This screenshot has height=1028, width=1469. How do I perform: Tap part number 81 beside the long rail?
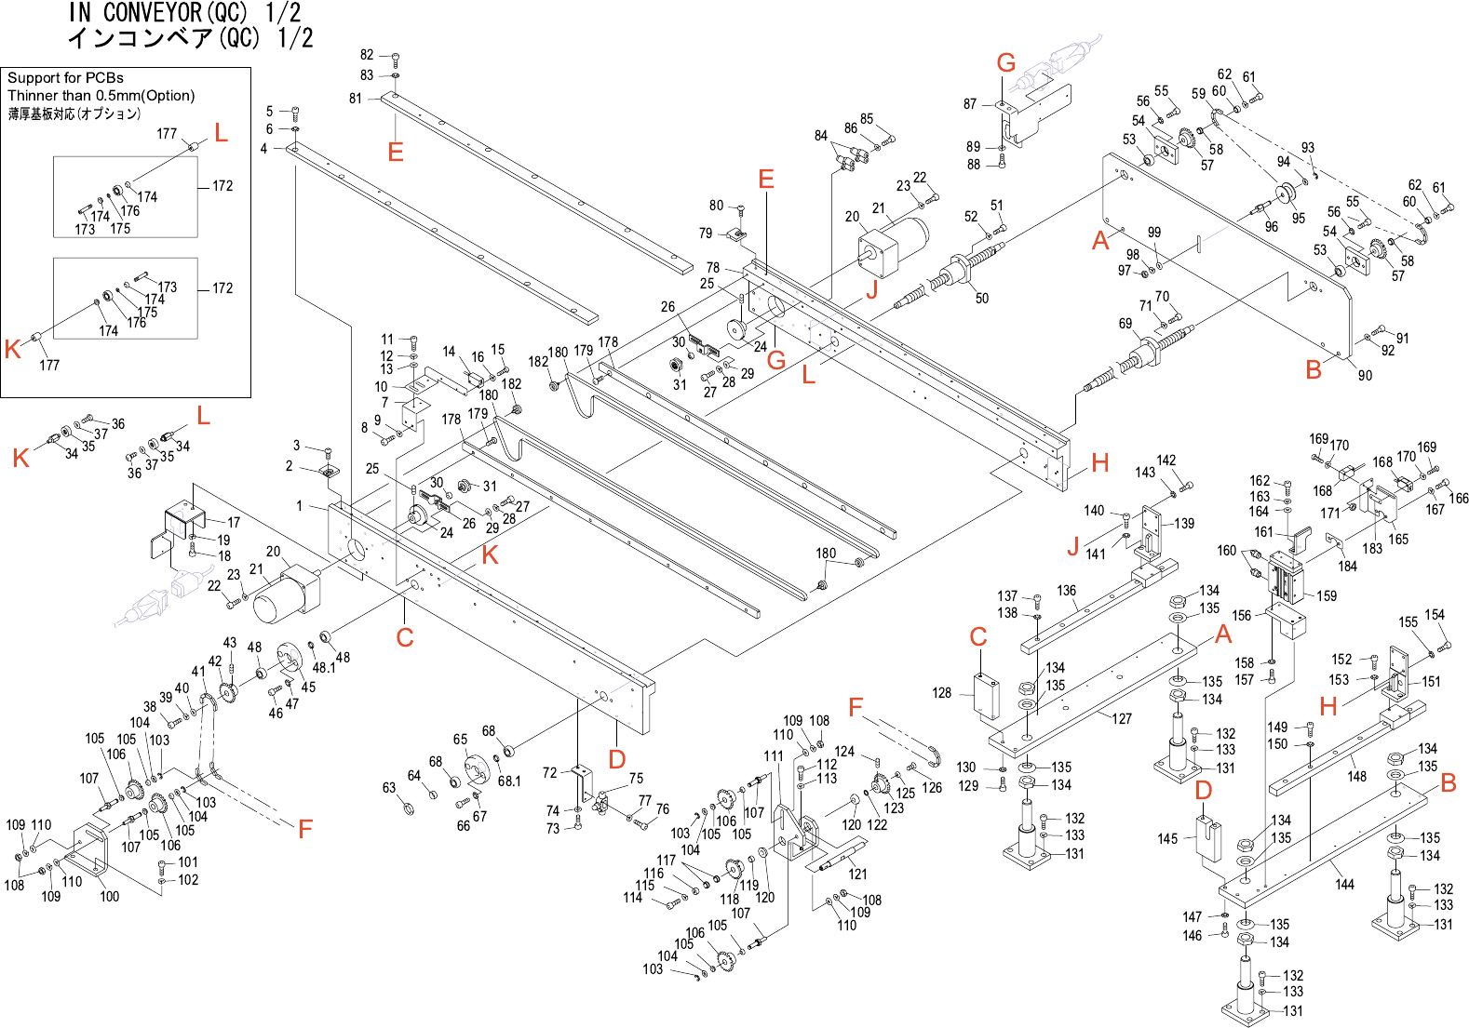[x=356, y=99]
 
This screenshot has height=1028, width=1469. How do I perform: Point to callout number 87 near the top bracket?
[x=970, y=104]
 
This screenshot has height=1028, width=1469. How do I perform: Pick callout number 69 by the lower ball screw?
[x=1125, y=324]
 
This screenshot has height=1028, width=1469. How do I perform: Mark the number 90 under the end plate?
[x=1365, y=376]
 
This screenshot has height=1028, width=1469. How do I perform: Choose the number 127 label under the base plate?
[x=1122, y=719]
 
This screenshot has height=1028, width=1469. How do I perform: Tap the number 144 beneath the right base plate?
[x=1344, y=885]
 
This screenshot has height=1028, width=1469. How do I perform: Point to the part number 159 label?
[x=1327, y=596]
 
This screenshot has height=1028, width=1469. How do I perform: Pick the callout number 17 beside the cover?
[x=234, y=523]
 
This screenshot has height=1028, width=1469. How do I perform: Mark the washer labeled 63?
[x=409, y=806]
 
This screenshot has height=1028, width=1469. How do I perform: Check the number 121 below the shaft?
[x=857, y=874]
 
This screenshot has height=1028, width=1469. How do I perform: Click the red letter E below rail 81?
[x=396, y=153]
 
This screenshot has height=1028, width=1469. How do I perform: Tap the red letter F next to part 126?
[x=856, y=708]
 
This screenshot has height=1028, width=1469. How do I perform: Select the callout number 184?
[x=1347, y=567]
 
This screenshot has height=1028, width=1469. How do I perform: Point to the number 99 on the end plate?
[x=1154, y=233]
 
